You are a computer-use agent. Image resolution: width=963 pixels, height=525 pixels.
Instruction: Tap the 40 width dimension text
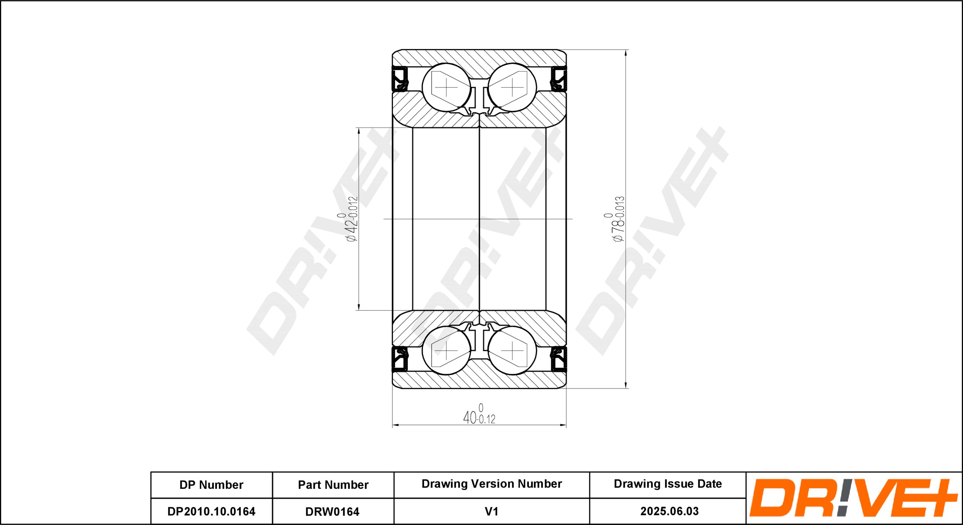pos(479,414)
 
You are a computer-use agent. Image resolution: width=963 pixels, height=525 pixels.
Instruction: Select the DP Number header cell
pos(211,485)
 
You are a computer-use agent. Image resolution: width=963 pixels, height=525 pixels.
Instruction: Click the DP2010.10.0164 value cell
pos(211,511)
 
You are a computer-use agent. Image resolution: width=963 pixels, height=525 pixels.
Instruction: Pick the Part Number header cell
pos(333,485)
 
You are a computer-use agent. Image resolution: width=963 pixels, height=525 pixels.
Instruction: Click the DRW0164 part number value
pos(332,512)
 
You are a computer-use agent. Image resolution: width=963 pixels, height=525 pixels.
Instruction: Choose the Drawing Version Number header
pos(492,484)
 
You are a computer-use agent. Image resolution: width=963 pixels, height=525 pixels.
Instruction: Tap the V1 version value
pos(492,511)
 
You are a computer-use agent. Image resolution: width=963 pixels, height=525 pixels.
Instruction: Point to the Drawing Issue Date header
pos(668,484)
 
